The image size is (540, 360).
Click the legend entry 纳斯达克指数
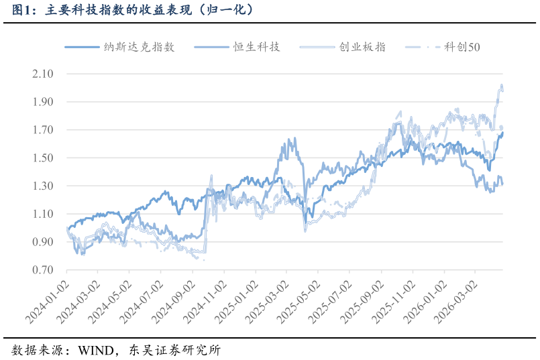click(119, 47)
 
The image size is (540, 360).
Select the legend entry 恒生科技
click(237, 47)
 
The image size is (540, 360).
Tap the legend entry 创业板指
click(343, 47)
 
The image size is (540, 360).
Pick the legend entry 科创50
click(443, 47)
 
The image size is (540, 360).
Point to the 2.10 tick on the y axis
click(43, 74)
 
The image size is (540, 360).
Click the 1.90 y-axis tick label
click(43, 102)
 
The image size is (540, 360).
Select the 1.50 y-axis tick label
click(43, 158)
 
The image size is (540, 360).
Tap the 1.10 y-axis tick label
click(43, 214)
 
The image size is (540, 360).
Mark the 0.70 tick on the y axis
click(43, 269)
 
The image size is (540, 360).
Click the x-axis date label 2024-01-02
click(48, 302)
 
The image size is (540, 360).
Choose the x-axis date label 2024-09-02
click(174, 302)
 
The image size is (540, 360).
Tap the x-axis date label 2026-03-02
click(456, 302)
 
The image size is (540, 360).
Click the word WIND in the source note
click(96, 351)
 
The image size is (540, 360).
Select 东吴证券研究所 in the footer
click(175, 351)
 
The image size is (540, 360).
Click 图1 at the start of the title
click(21, 10)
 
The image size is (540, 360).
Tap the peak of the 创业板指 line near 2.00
click(502, 84)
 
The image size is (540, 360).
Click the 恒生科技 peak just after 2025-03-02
click(294, 138)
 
